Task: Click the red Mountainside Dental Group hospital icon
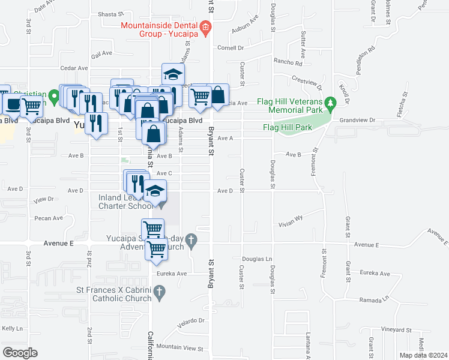[205, 26]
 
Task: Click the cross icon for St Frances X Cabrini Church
[159, 293]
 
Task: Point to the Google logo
[19, 353]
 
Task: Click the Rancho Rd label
[289, 62]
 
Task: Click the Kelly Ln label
[12, 328]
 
